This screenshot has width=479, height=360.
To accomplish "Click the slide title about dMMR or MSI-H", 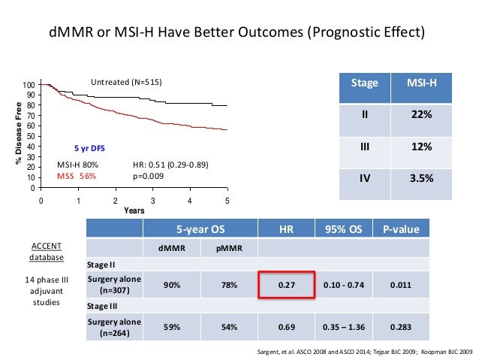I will (x=236, y=34).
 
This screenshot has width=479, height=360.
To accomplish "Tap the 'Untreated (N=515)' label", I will (x=127, y=81).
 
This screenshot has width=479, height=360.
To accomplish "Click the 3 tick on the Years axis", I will (x=152, y=201).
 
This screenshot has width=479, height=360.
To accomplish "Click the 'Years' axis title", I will (x=134, y=211).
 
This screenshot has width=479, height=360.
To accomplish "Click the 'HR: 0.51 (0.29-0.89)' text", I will (x=170, y=165).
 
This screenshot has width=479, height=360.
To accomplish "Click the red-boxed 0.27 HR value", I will (x=286, y=285).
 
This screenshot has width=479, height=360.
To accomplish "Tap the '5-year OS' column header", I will (x=199, y=229).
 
